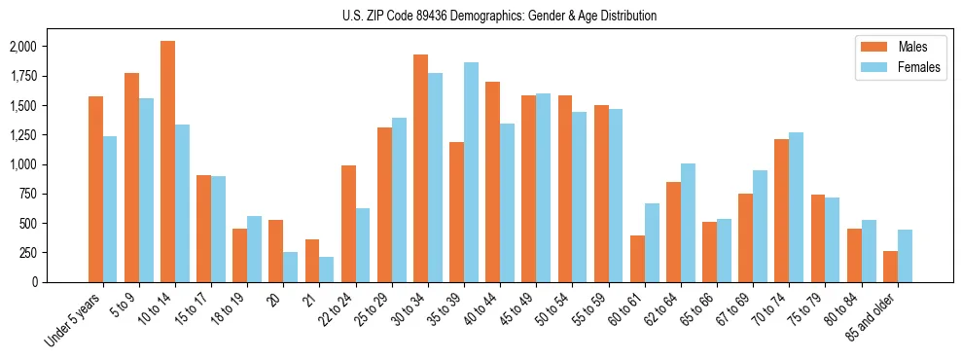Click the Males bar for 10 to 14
point(167,162)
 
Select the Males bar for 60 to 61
point(637,259)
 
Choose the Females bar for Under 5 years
point(110,209)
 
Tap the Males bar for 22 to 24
point(348,224)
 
